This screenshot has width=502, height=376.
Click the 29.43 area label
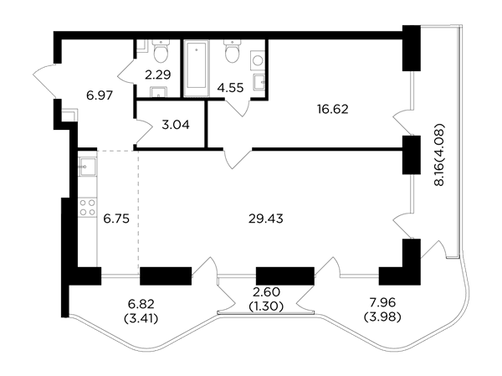tap(266, 219)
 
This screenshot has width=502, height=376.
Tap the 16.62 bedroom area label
tap(333, 110)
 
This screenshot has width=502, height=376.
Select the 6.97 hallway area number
tap(100, 95)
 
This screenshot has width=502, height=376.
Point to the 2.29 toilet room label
tap(158, 75)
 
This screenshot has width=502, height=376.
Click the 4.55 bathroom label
tap(230, 87)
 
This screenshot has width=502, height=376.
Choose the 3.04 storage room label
tap(176, 125)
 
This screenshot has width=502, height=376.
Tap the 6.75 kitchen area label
tap(116, 219)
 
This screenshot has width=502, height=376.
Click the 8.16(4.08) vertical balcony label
tap(439, 155)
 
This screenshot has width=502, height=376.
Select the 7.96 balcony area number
tap(382, 302)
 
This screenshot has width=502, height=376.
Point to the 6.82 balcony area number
tap(141, 303)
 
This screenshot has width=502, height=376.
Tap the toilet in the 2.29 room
tap(161, 50)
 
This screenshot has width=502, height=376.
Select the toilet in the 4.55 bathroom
tap(233, 50)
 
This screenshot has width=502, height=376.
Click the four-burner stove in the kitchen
tap(87, 207)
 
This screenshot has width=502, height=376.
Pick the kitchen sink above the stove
tap(87, 167)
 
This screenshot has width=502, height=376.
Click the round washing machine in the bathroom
tap(258, 60)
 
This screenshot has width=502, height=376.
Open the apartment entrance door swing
tap(44, 81)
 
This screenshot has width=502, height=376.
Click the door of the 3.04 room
tap(143, 131)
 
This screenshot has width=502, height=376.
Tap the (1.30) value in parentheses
tap(266, 306)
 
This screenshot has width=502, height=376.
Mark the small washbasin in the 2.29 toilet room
tap(158, 91)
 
